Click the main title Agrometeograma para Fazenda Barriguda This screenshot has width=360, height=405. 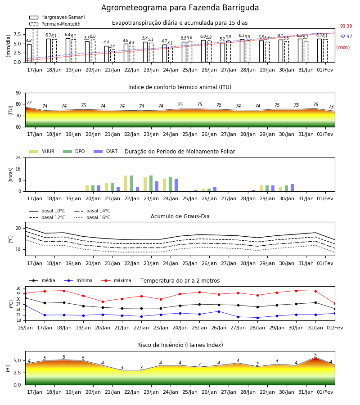(x=180, y=8)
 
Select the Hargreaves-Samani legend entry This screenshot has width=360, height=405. (x=57, y=17)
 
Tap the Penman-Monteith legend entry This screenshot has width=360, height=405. (x=55, y=24)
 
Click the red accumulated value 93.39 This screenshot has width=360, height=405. (x=346, y=26)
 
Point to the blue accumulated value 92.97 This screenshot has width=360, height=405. (x=346, y=36)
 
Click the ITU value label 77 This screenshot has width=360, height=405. (x=29, y=103)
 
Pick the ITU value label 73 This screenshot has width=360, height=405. (x=331, y=107)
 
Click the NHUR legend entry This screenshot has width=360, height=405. (x=42, y=151)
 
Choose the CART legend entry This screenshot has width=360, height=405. (x=106, y=151)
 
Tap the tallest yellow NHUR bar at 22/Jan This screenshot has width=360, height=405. (x=126, y=184)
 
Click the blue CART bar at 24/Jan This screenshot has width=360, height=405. (x=176, y=185)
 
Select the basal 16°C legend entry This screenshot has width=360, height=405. (x=92, y=217)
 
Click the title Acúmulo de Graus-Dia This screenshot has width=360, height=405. (x=180, y=216)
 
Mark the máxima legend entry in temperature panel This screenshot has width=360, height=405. (x=116, y=280)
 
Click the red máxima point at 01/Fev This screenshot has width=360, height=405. (x=335, y=303)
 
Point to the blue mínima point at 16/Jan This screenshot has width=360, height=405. (x=25, y=306)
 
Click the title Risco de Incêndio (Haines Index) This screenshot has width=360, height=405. (x=180, y=345)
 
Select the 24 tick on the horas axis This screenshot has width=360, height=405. (x=18, y=157)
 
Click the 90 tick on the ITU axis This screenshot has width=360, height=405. (x=18, y=93)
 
